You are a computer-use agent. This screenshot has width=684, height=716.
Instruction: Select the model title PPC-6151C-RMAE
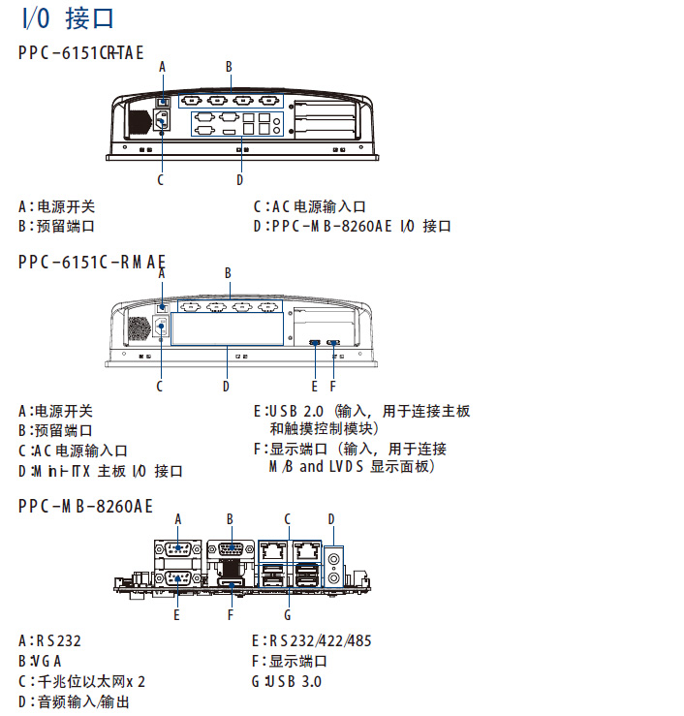coord(91,262)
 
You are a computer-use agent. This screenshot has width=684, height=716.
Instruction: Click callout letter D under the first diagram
coord(239,179)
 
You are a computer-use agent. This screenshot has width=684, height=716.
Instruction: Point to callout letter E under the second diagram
coord(315,386)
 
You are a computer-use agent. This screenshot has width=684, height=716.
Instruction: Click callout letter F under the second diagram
coord(333,386)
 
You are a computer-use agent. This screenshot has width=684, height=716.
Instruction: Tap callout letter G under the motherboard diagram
coord(288,614)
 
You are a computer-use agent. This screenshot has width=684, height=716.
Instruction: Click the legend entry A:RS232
coord(51,640)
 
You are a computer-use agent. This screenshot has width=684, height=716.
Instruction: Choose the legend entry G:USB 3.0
coord(287,681)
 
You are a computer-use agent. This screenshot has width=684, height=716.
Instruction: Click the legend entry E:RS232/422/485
coord(311,640)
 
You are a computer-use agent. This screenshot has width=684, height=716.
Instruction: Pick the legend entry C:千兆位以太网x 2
coord(81,681)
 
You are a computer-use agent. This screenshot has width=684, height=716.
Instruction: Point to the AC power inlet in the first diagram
coord(160,122)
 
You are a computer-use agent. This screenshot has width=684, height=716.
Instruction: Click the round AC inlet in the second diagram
coord(161,327)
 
